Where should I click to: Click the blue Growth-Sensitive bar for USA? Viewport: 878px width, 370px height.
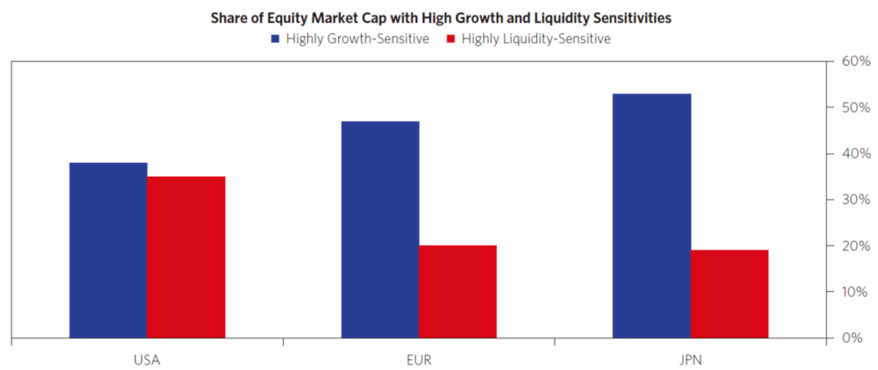click(108, 250)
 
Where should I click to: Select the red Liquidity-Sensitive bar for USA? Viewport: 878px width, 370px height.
click(186, 257)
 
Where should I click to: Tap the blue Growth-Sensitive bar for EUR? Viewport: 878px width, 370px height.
click(380, 229)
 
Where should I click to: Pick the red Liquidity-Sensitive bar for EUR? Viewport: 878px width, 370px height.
click(457, 291)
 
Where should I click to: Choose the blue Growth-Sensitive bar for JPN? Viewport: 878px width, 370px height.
click(651, 215)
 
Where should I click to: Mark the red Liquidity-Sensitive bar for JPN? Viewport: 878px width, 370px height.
click(730, 294)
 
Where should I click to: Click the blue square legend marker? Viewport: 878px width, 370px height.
click(276, 39)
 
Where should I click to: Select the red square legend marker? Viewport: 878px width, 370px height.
click(450, 39)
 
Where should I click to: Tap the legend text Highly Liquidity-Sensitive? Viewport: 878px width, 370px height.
click(536, 39)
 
